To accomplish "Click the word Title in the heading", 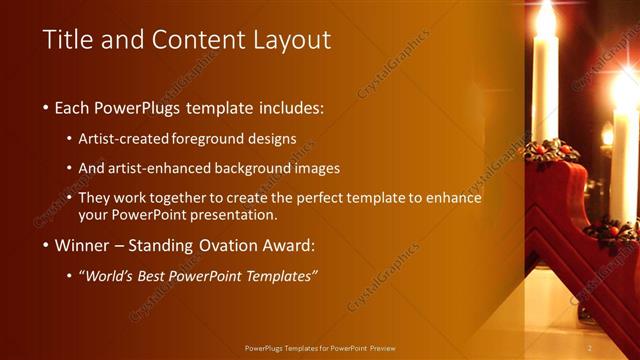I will click(69, 40).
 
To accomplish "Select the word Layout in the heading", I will click(289, 40).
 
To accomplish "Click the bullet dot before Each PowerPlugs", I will click(47, 107).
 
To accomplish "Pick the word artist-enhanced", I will click(172, 168).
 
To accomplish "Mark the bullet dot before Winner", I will click(47, 245).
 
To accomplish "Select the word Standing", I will click(165, 245).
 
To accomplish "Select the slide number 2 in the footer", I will click(590, 347).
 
